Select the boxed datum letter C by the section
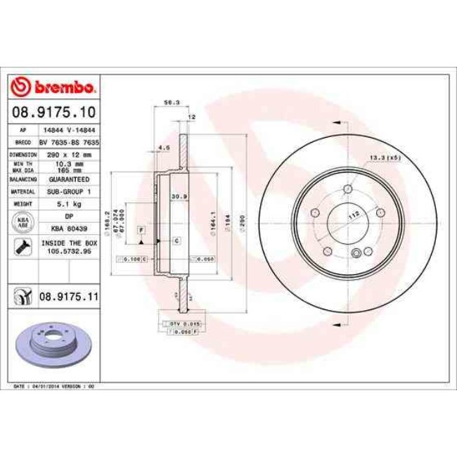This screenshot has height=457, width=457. click(176, 241)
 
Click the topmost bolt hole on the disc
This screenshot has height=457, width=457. click(349, 188)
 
